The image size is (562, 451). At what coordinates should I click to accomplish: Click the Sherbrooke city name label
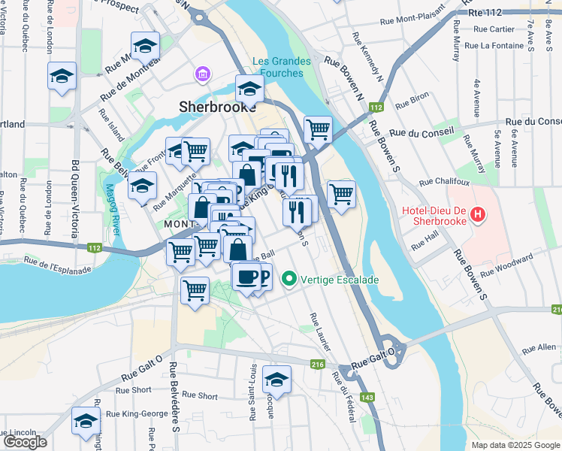click(x=213, y=107)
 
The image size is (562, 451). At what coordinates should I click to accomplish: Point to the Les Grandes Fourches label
click(x=278, y=68)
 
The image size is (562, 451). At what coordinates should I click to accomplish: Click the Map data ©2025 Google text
click(x=515, y=445)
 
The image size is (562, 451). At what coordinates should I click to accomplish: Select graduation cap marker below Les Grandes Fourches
click(x=249, y=89)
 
